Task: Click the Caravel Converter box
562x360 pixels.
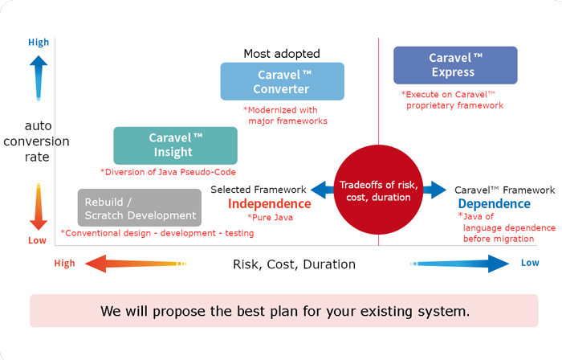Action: (282, 81)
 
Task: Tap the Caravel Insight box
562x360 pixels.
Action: (175, 145)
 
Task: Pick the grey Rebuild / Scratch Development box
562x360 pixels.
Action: (140, 207)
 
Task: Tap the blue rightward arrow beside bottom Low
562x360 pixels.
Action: (462, 264)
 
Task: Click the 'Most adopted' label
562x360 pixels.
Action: (281, 54)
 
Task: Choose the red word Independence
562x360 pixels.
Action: (269, 204)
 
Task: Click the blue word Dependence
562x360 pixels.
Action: (495, 204)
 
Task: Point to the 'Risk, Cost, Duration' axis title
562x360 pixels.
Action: (294, 264)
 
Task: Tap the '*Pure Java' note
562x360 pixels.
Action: (269, 218)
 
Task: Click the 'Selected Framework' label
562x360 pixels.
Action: (258, 190)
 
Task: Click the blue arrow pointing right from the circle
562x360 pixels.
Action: (434, 190)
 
